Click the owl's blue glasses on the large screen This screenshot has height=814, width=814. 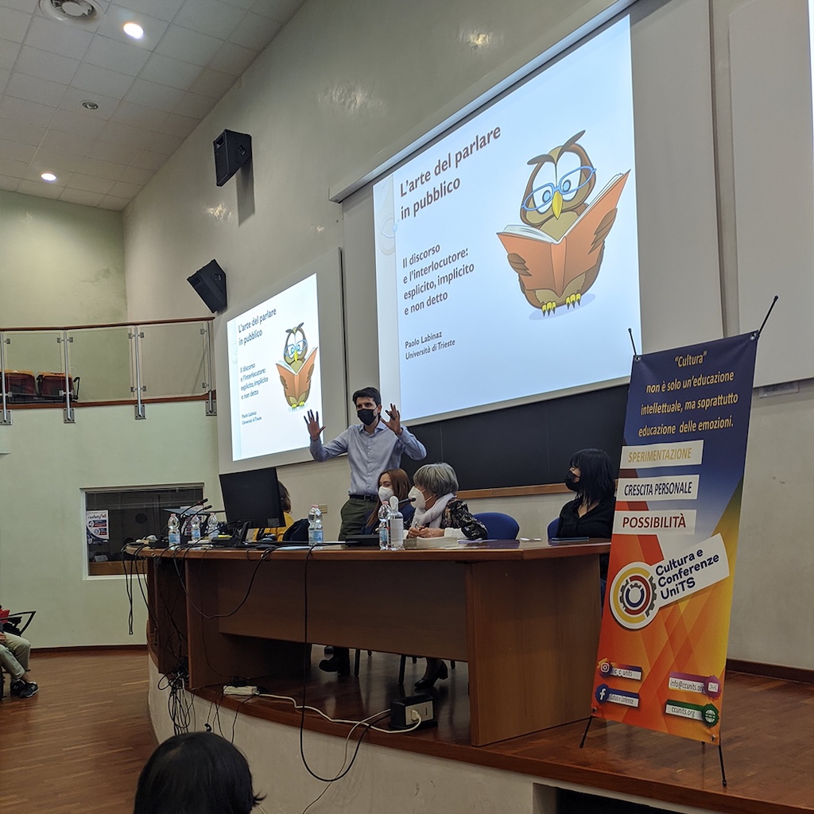(x=559, y=188)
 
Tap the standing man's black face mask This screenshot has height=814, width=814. (x=366, y=416)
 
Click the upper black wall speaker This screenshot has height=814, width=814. (x=232, y=156)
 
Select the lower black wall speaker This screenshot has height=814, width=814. (x=207, y=285)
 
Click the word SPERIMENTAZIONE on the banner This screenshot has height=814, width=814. (x=661, y=454)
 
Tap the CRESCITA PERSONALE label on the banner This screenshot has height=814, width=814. (x=658, y=487)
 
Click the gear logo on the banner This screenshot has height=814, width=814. (x=634, y=595)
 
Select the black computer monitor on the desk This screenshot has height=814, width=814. (x=251, y=498)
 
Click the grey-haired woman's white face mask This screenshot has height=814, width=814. (x=417, y=498)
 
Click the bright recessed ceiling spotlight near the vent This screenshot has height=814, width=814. (x=134, y=30)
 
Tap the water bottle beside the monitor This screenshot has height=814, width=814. (x=315, y=525)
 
